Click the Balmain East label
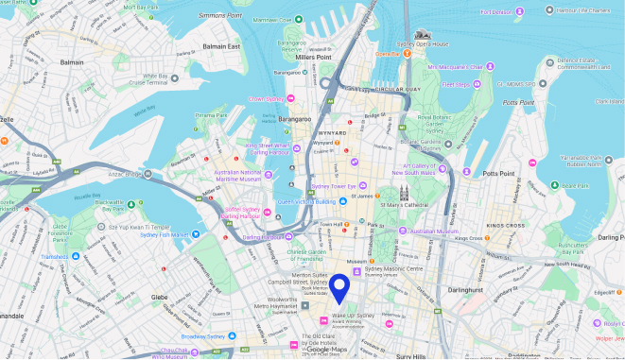pos(220,46)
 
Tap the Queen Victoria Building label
pos(305,201)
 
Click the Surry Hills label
pos(412,356)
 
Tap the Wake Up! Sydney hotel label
pos(352,317)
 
